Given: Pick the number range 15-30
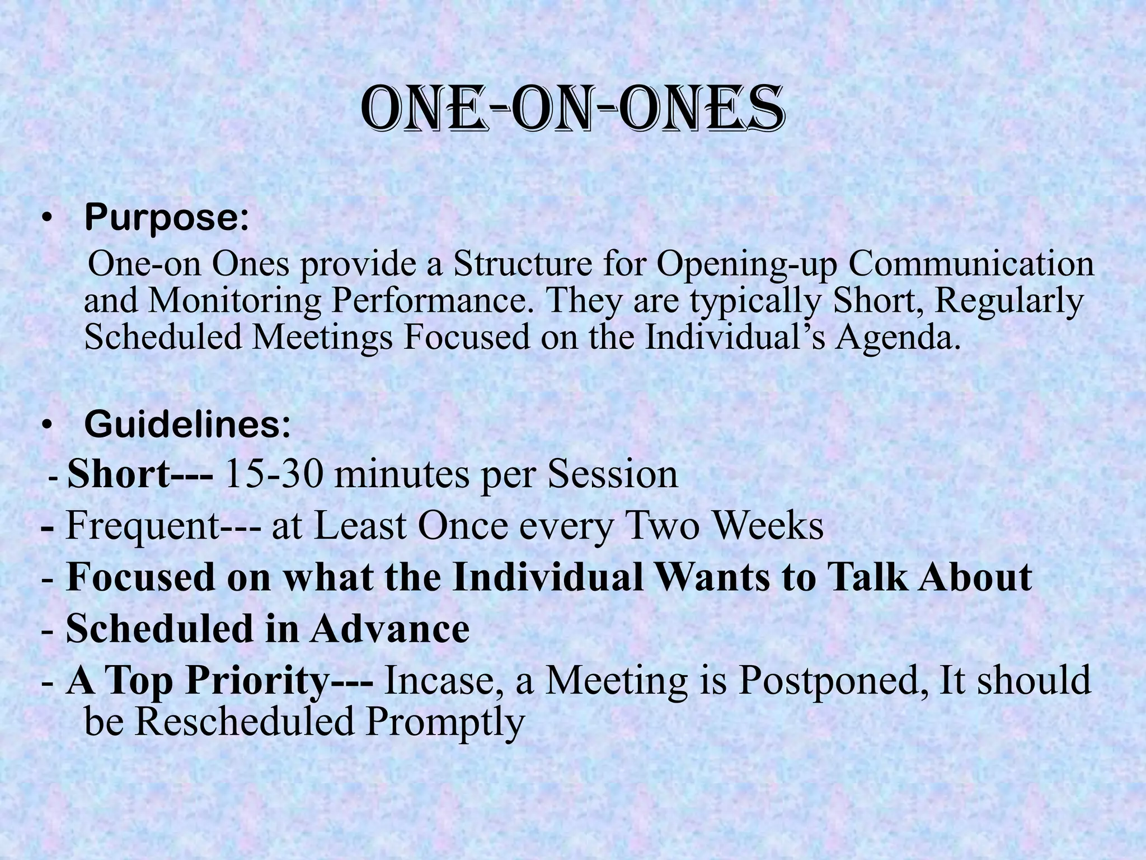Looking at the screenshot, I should [274, 475].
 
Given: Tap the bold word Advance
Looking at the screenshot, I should [390, 629].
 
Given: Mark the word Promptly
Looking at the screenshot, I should [445, 722].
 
